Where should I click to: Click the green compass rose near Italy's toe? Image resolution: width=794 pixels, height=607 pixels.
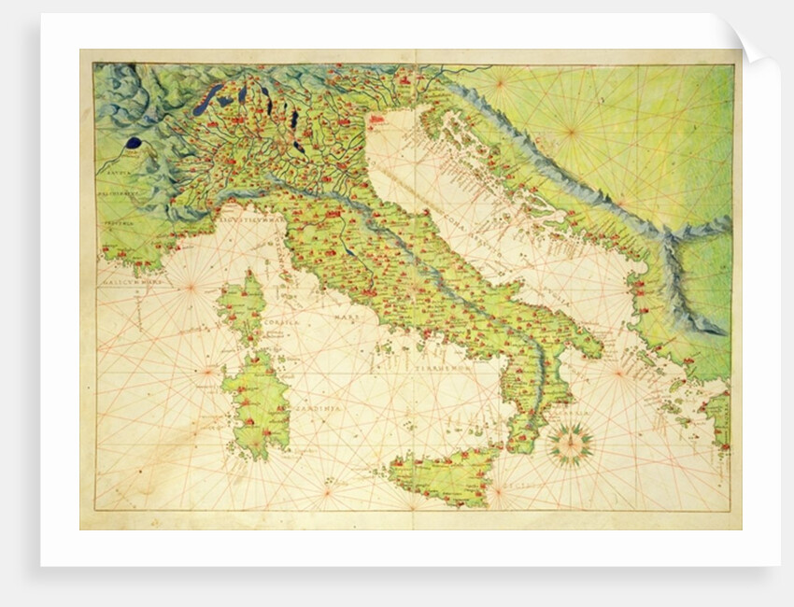(x=569, y=445)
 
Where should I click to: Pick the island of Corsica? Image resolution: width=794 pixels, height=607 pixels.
(x=241, y=308)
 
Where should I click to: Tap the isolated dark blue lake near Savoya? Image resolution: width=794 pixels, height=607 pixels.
(x=134, y=144)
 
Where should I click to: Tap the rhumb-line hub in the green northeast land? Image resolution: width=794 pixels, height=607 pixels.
(x=571, y=132)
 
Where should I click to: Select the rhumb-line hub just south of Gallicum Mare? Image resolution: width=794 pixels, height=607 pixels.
(x=191, y=287)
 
